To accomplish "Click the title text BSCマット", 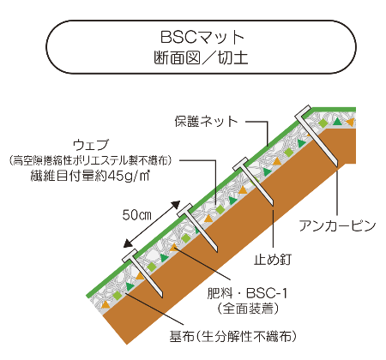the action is point(202,37).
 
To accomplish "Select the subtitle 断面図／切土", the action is point(201,58).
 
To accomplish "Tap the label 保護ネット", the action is point(206,121).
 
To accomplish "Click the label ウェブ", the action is point(91,145).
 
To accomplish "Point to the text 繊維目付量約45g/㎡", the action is point(90,175).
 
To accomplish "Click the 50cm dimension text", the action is point(136,215).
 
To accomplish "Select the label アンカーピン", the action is point(337,225).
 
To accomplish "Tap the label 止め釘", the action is point(273,260).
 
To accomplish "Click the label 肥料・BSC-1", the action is point(247,293).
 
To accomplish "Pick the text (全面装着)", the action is point(248,309).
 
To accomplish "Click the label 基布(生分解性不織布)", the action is point(232,337).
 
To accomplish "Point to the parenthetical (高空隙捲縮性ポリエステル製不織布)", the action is point(90,160).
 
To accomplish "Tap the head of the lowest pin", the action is point(130,255).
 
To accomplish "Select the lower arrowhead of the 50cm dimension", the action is point(128,243).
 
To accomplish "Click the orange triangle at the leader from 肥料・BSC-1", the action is point(173,247).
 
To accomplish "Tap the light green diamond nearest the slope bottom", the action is point(117,296).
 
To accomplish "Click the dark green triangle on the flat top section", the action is point(337,122).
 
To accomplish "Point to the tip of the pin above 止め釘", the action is point(273,205).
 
